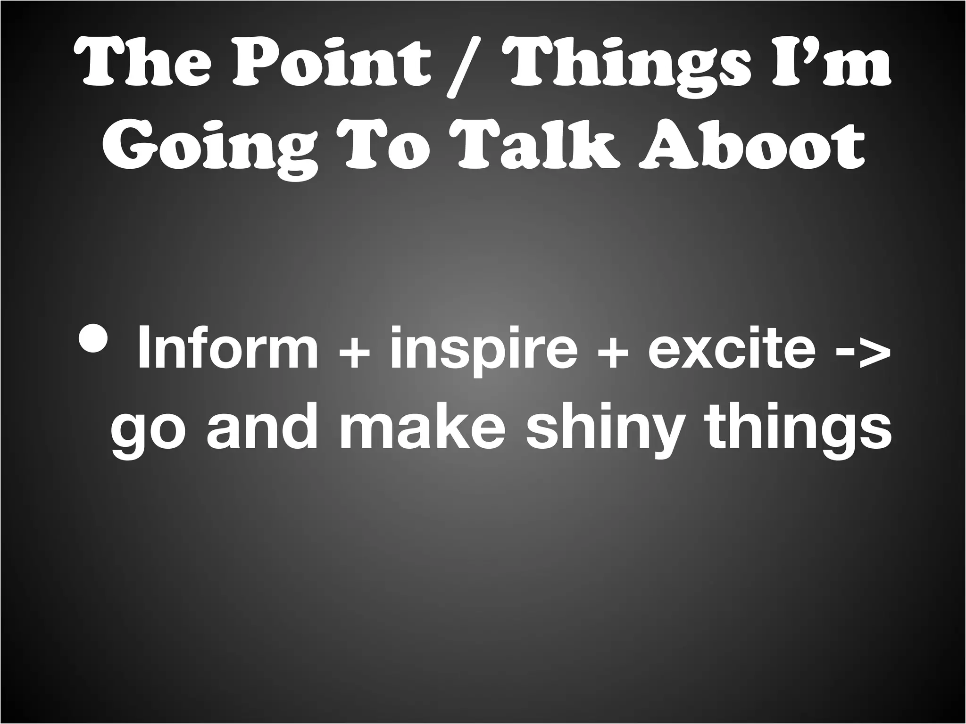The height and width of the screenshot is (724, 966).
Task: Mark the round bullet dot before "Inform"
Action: tap(97, 337)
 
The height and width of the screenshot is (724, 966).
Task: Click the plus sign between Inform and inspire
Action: tap(354, 352)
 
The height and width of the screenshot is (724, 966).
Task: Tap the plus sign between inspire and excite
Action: tap(613, 352)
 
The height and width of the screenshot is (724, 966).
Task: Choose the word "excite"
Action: tap(731, 349)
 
